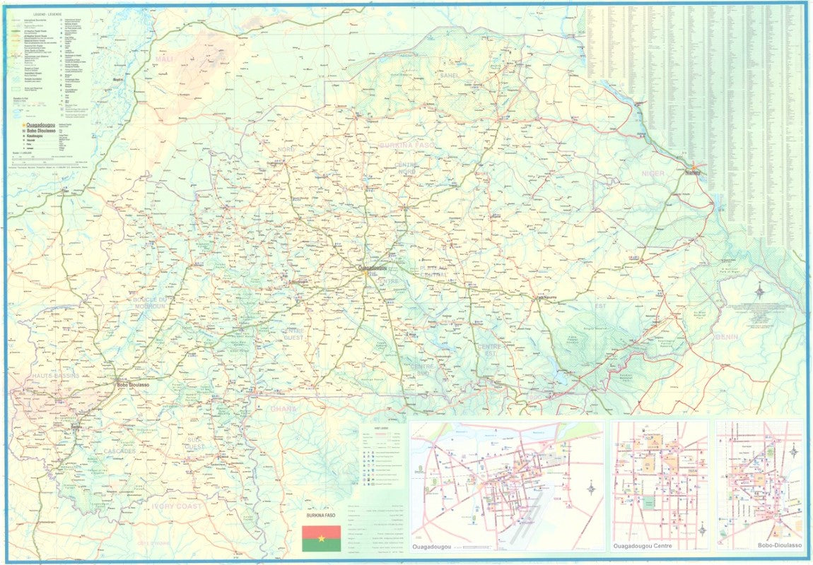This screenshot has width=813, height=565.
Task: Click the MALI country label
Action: (x=165, y=59)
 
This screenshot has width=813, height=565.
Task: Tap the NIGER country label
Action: (x=653, y=173)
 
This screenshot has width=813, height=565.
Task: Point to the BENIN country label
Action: (x=726, y=337)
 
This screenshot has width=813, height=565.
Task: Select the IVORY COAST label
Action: (x=177, y=506)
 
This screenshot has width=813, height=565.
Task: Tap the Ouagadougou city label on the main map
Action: (x=372, y=268)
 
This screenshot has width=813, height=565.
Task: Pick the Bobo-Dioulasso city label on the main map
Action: (x=133, y=384)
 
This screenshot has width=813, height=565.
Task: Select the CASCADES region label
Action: (x=120, y=451)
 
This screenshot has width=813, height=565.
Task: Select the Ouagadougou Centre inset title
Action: (x=641, y=546)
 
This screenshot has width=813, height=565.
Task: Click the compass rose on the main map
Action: (x=759, y=290)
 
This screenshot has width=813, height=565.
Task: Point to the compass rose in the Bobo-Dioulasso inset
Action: (x=793, y=451)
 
